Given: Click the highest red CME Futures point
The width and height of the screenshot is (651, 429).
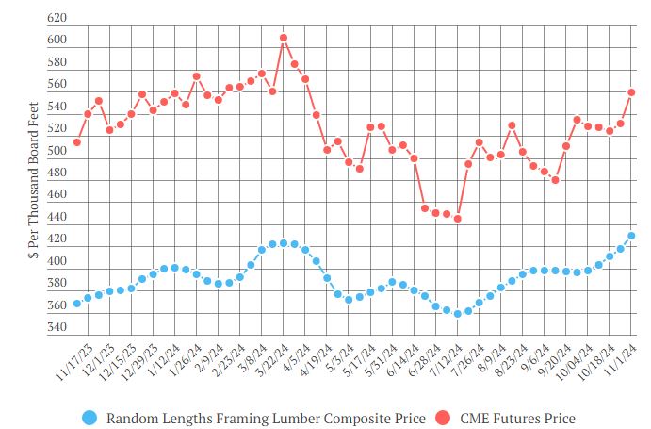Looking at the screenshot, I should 284,38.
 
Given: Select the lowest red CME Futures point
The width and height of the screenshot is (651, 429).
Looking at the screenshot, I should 458,219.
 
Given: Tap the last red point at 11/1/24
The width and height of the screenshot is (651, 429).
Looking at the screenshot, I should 631,92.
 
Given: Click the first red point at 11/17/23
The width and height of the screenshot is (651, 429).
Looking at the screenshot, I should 76,142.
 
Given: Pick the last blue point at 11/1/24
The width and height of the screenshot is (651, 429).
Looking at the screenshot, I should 631,236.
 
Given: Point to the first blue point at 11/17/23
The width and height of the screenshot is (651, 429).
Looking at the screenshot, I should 76,304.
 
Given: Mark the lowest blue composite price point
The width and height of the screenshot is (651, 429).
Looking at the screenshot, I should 458,314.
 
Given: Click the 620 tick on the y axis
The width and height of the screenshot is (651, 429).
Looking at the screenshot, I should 57,19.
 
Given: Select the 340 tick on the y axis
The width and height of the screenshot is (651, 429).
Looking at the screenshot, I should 57,328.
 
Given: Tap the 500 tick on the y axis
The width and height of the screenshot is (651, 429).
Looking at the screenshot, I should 57,151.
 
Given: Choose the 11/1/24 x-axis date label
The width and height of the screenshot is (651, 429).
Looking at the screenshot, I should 626,364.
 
